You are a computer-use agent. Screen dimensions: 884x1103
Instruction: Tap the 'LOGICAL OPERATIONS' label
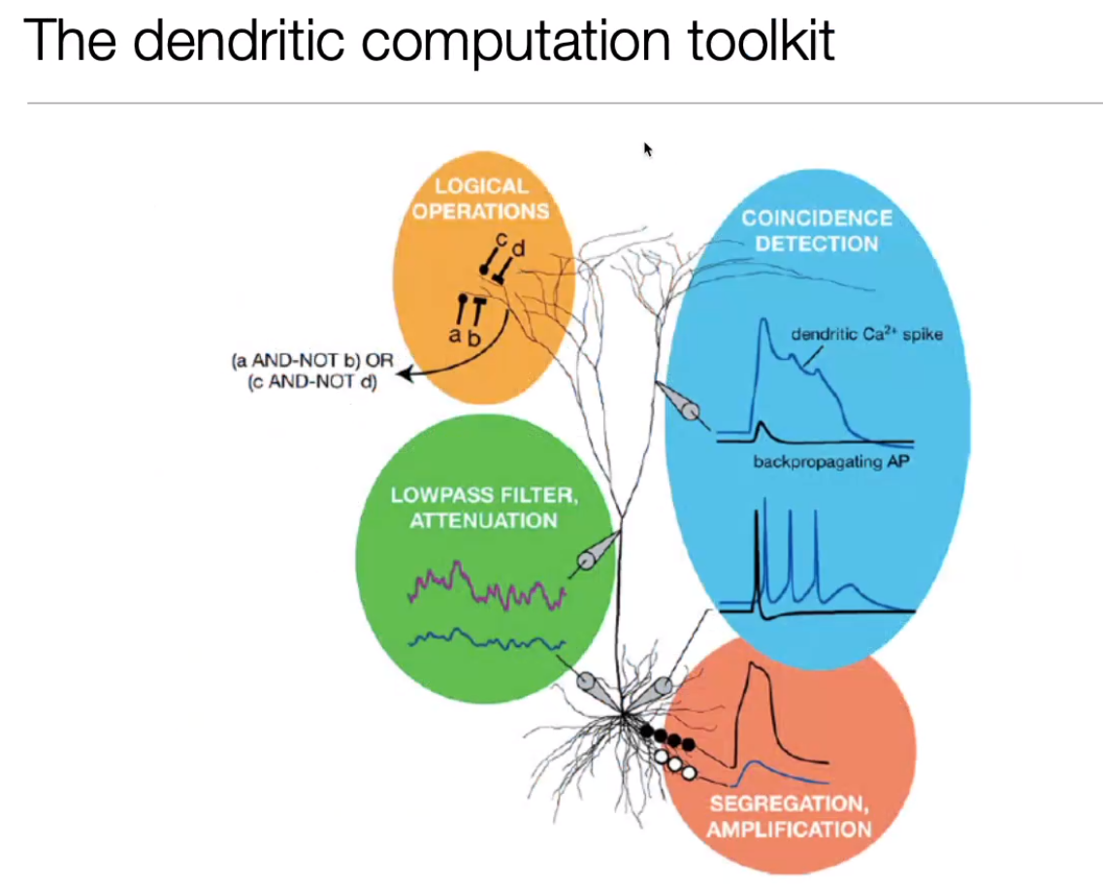pyautogui.click(x=480, y=198)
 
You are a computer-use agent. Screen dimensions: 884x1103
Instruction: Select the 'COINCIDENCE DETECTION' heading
pyautogui.click(x=817, y=230)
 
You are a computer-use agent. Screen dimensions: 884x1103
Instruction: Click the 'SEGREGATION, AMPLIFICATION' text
pyautogui.click(x=789, y=816)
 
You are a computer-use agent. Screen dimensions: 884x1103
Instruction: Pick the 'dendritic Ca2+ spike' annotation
pyautogui.click(x=866, y=335)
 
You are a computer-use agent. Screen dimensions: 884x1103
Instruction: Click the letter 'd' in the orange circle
pyautogui.click(x=518, y=250)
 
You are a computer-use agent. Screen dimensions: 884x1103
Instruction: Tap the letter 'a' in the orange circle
pyautogui.click(x=454, y=334)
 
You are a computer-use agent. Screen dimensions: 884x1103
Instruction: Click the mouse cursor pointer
pyautogui.click(x=648, y=149)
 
